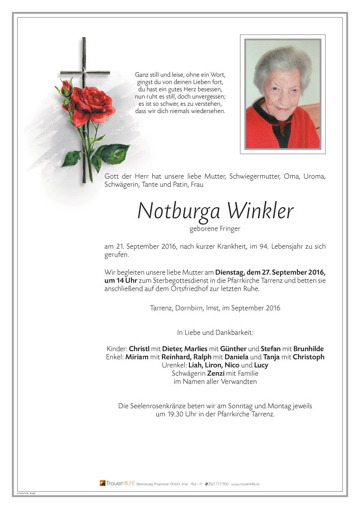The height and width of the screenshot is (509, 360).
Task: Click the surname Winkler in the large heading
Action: pos(261,211)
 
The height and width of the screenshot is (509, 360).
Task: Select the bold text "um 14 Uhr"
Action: pos(120,281)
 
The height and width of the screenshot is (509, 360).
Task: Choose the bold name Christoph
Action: pos(307,357)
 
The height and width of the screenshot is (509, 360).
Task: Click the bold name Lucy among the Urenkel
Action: pos(261,365)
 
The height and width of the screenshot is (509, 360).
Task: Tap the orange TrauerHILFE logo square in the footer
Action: pos(102,483)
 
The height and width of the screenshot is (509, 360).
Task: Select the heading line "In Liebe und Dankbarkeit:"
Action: pos(214,332)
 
